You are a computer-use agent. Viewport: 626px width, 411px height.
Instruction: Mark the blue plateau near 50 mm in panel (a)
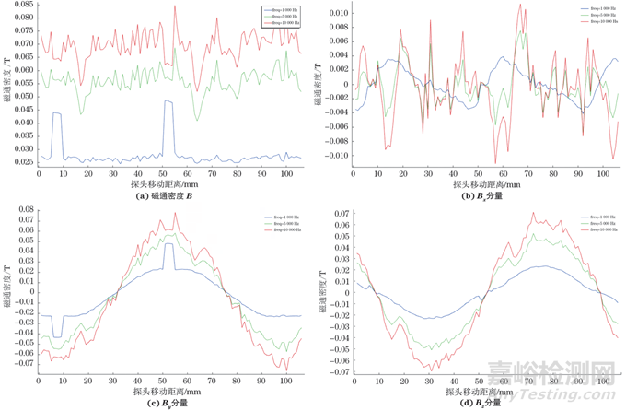coord(168,101)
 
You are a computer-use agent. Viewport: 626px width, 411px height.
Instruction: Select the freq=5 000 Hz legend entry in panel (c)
coord(278,222)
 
